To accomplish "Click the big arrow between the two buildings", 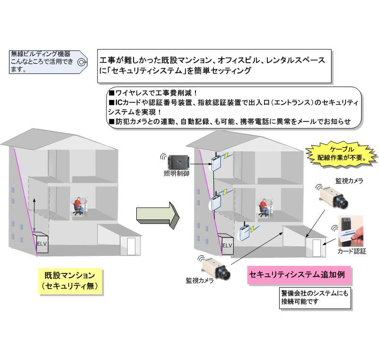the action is pyautogui.click(x=158, y=215).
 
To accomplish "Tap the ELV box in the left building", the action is pyautogui.click(x=41, y=243).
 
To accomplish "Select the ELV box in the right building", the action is pyautogui.click(x=226, y=244).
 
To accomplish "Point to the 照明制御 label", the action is pyautogui.click(x=176, y=174).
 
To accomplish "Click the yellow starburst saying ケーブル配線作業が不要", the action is pyautogui.click(x=341, y=154).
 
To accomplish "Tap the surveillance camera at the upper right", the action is pyautogui.click(x=335, y=196).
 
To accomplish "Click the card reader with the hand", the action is pyautogui.click(x=351, y=231).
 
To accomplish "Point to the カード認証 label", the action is pyautogui.click(x=352, y=251).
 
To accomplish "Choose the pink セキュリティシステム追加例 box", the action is pyautogui.click(x=299, y=275).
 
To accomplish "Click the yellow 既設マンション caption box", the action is pyautogui.click(x=70, y=281).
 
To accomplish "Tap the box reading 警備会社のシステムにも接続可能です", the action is pyautogui.click(x=315, y=298).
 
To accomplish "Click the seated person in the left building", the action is pyautogui.click(x=79, y=206).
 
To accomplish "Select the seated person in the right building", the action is pyautogui.click(x=264, y=207).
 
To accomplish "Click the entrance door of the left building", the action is pyautogui.click(x=131, y=246).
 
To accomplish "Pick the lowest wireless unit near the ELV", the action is pyautogui.click(x=245, y=232).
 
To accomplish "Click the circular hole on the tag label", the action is pyautogui.click(x=81, y=62).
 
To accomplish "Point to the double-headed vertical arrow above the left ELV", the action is pyautogui.click(x=35, y=215).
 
